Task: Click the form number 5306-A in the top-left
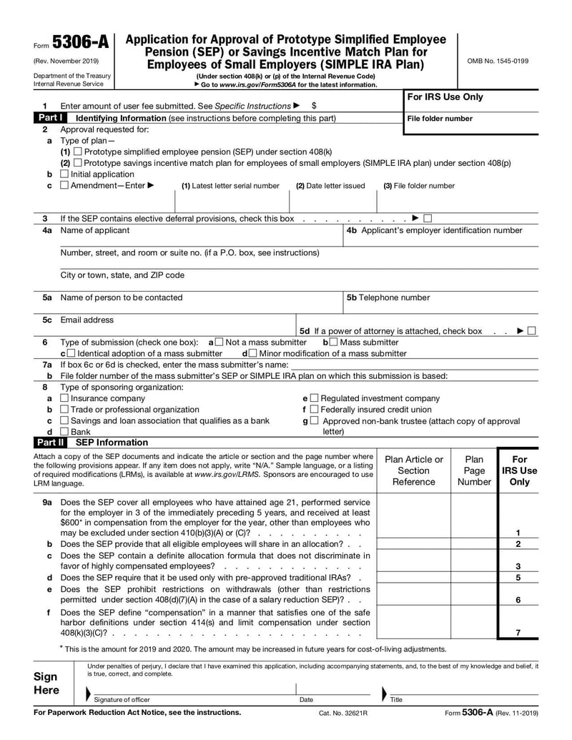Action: click(80, 43)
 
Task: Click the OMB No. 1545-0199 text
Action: click(498, 61)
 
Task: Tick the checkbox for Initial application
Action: click(65, 174)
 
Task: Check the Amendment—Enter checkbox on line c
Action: click(65, 186)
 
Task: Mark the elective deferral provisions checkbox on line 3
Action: click(428, 218)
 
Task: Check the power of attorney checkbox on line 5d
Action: click(532, 331)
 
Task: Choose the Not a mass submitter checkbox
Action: click(219, 342)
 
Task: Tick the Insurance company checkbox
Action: click(65, 398)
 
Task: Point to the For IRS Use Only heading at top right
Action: click(445, 97)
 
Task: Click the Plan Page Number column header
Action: click(474, 470)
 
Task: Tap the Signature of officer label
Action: click(122, 699)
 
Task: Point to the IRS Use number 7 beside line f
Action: click(518, 632)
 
